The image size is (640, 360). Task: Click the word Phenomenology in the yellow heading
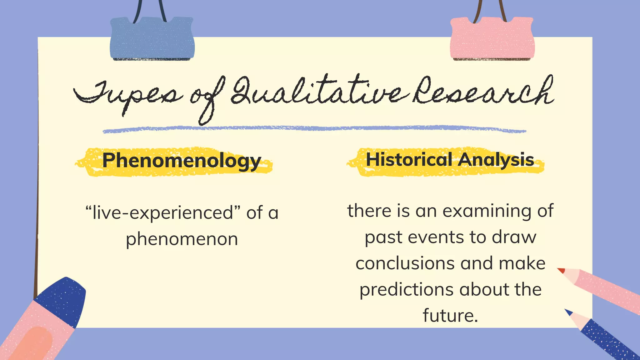pos(182,161)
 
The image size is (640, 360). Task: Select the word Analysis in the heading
pos(496,160)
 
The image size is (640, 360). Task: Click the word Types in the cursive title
pos(128,95)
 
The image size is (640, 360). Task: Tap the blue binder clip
pos(152,39)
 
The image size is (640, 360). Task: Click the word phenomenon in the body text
pos(182,239)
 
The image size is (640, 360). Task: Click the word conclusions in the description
pos(405,263)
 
